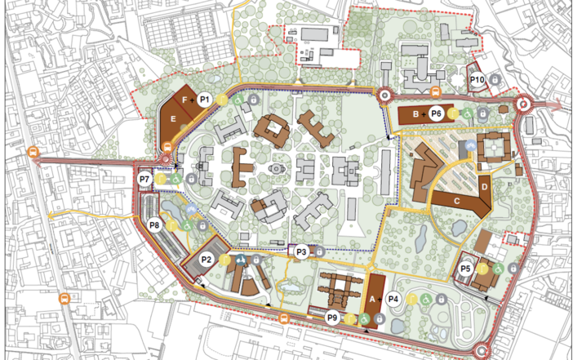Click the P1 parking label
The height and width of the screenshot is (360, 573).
(205, 99)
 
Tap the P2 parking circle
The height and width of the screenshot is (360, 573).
(207, 260)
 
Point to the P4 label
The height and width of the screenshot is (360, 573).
(393, 300)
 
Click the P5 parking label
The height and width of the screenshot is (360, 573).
(466, 268)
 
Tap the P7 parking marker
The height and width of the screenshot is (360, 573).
(144, 179)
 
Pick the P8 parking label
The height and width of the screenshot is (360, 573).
(155, 224)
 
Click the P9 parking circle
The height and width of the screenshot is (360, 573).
(332, 318)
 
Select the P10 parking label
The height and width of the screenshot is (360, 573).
(477, 79)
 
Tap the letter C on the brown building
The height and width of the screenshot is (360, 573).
(457, 198)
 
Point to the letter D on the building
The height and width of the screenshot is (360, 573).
(484, 186)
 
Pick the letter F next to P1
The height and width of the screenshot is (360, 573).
(186, 100)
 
